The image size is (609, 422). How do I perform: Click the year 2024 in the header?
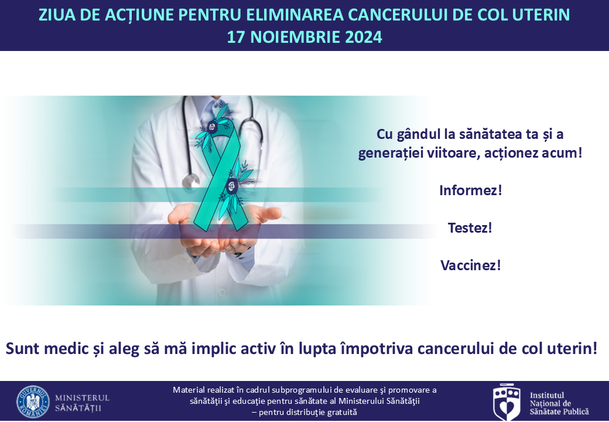(x=363, y=38)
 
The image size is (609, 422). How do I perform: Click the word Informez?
(x=471, y=190)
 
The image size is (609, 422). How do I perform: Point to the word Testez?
(x=470, y=228)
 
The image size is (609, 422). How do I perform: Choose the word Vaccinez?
(x=471, y=266)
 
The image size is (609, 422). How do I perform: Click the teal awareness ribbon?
(x=221, y=175)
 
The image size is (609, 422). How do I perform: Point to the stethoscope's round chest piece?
(x=191, y=181)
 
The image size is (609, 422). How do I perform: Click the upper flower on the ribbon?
(x=213, y=126)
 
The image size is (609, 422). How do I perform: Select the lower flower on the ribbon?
(x=232, y=186)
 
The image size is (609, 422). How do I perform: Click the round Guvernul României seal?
(x=33, y=402)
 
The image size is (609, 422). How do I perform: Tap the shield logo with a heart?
(x=507, y=402)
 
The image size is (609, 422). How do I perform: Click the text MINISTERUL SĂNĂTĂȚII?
(x=83, y=403)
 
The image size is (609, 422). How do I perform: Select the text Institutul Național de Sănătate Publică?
(x=559, y=403)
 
